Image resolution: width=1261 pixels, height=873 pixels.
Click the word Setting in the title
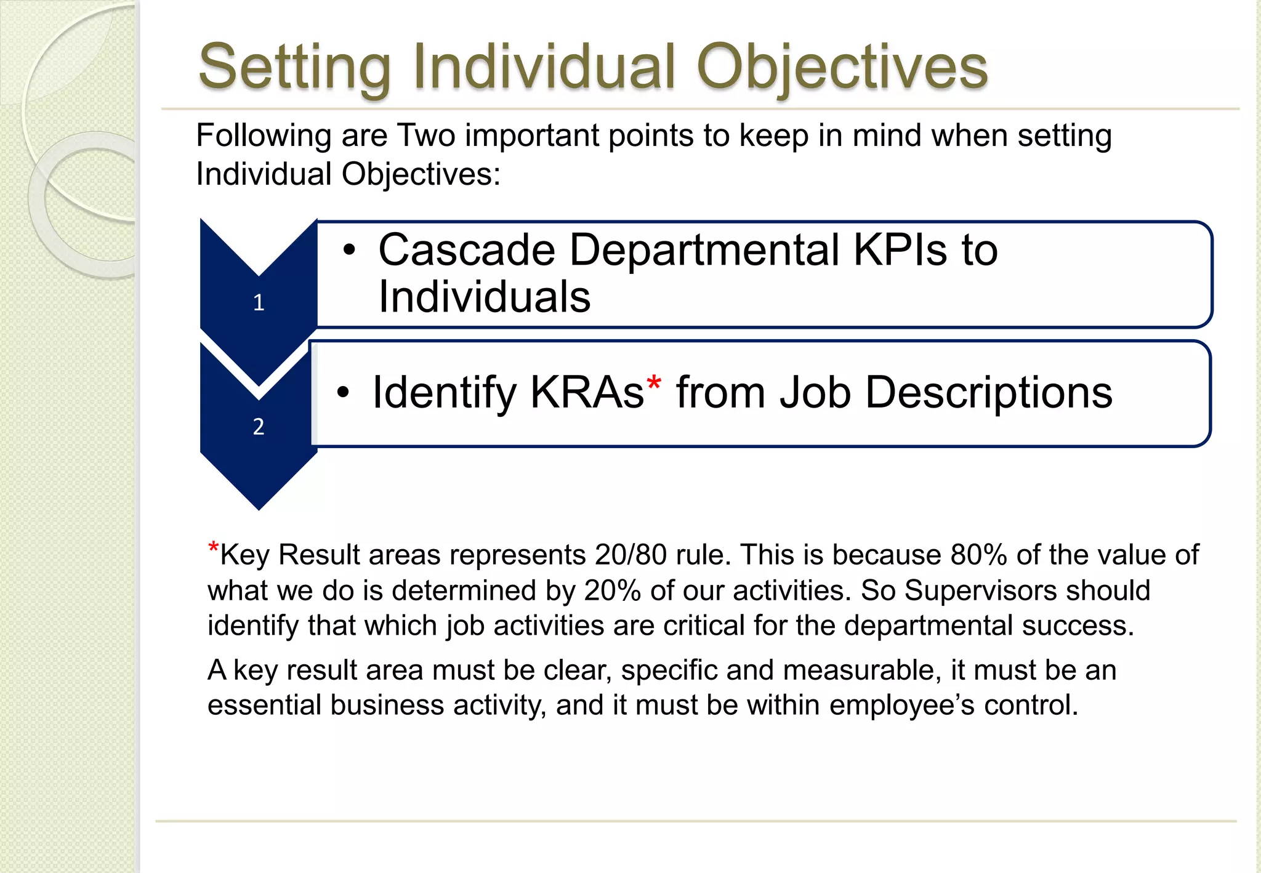[x=294, y=66]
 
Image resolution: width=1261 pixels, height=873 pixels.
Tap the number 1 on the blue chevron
[x=259, y=302]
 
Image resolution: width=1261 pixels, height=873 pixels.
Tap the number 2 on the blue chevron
[x=259, y=427]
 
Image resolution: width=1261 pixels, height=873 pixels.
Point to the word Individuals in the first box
[x=484, y=297]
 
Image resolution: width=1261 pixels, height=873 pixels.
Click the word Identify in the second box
[x=445, y=392]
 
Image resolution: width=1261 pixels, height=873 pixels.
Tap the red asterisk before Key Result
[x=213, y=547]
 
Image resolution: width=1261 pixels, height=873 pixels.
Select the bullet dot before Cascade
[x=350, y=250]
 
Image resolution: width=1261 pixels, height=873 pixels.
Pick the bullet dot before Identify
[x=344, y=392]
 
